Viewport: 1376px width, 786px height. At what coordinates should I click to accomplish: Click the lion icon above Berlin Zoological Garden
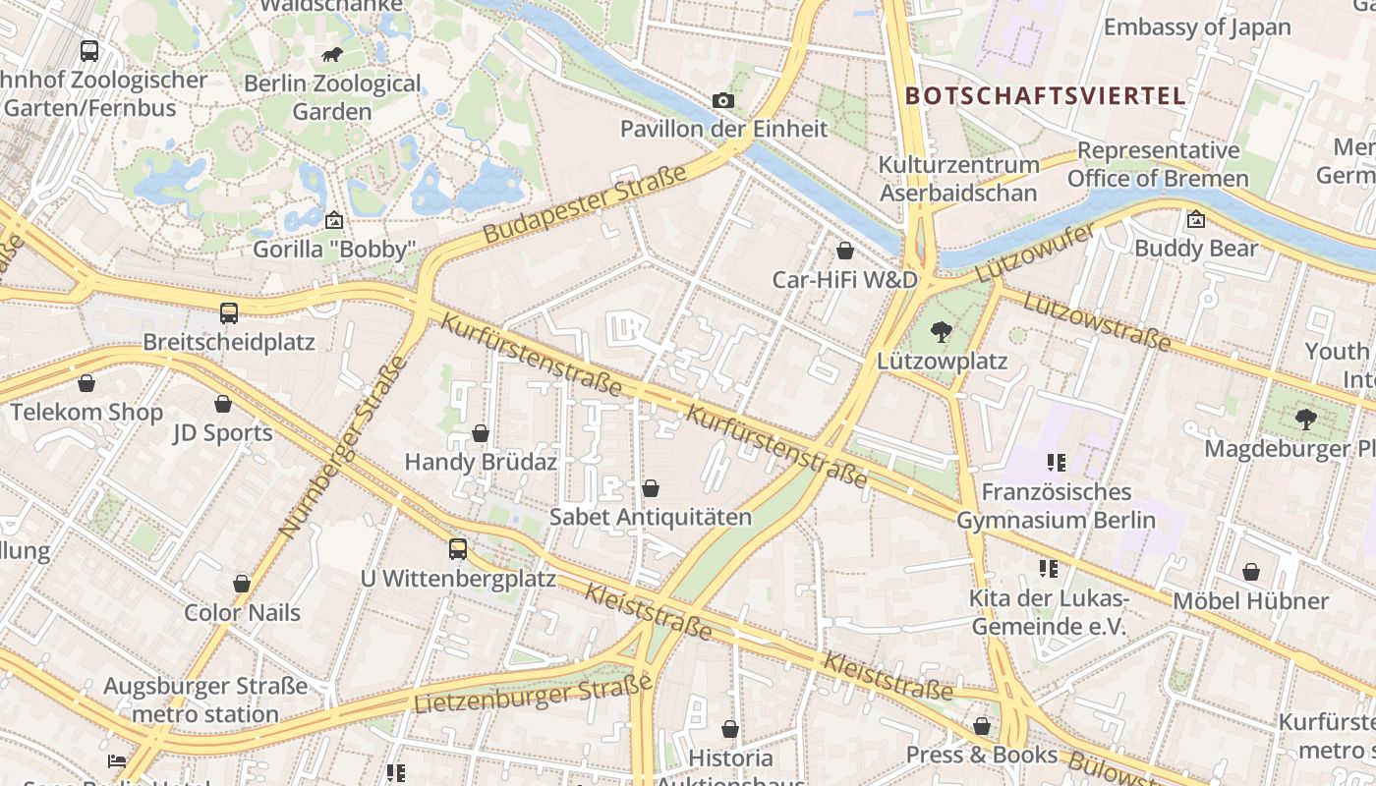pos(331,55)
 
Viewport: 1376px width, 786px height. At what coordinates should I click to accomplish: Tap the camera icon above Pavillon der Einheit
pos(723,100)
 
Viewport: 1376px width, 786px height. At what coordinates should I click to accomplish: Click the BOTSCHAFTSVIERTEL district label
pos(1046,95)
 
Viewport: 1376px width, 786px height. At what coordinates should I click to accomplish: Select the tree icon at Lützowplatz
pos(942,332)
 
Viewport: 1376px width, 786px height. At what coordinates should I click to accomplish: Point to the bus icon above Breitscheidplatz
pos(229,313)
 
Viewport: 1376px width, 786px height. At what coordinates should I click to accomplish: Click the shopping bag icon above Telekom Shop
pos(86,383)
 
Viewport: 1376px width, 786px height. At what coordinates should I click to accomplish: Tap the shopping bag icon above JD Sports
pos(223,404)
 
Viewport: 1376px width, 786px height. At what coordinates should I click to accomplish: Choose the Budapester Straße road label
pos(585,205)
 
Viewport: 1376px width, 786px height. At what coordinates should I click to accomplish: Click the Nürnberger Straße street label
pos(343,447)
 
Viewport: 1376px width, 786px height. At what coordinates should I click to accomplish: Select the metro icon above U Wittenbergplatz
pos(458,549)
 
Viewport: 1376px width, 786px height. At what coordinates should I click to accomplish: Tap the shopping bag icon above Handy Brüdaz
pos(481,433)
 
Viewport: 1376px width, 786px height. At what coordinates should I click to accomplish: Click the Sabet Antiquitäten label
pos(650,517)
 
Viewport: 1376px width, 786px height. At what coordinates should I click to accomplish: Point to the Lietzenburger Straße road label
pos(533,695)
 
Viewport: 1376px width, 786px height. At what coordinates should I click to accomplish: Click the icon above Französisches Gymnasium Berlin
pos(1057,463)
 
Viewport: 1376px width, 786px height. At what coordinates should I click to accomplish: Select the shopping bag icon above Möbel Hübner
pos(1251,572)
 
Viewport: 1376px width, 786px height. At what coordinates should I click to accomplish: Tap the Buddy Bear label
pos(1195,249)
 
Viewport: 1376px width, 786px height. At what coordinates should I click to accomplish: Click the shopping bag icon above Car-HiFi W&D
pos(844,251)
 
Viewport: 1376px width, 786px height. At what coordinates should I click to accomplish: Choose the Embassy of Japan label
pos(1197,27)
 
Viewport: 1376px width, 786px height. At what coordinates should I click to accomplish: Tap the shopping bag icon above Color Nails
pos(242,584)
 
